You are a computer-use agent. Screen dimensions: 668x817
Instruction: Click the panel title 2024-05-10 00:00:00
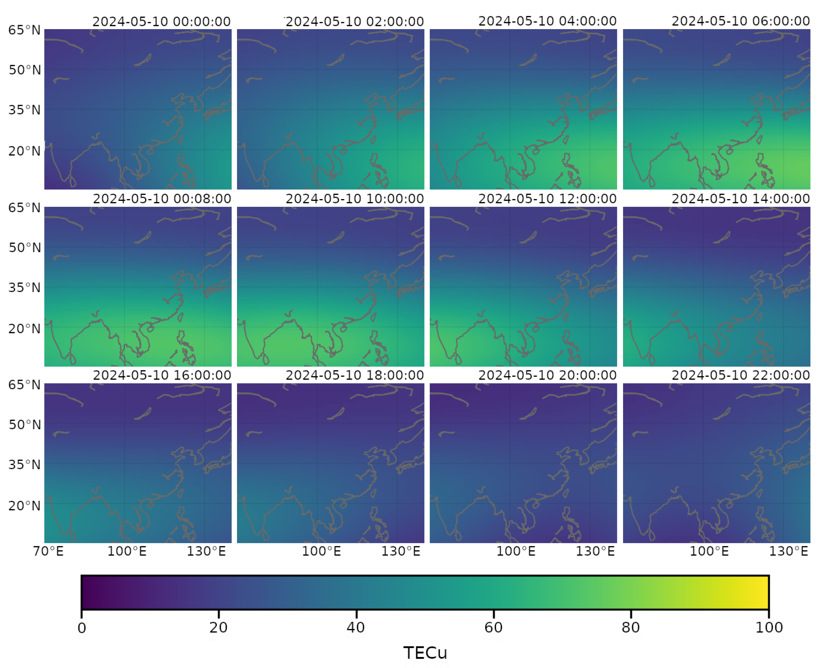161,21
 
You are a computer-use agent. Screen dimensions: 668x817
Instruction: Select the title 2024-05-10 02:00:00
355,21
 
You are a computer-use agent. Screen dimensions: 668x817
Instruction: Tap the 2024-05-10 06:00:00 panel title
740,21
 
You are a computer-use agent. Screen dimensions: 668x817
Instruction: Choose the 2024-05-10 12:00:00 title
547,199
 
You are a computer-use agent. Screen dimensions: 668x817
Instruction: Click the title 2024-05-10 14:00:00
740,199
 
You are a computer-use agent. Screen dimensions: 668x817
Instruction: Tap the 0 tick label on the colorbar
82,628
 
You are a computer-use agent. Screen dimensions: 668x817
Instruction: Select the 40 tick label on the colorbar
356,628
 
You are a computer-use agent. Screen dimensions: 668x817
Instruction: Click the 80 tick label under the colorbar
631,628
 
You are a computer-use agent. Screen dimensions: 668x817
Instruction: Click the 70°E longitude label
48,551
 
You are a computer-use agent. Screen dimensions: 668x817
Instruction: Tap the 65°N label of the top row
24,30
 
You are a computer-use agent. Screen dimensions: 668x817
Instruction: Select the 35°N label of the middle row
24,288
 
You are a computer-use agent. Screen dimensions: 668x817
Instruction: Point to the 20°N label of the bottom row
24,506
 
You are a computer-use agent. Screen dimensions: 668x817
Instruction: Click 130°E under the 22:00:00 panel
788,551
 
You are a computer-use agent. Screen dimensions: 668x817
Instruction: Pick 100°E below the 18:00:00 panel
321,551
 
